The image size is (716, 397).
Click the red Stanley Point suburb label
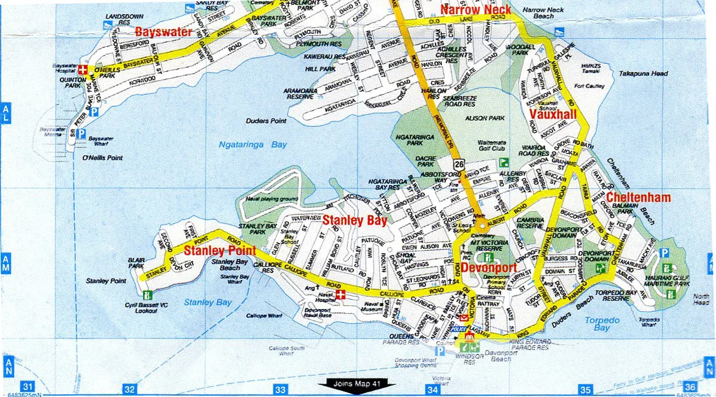pos(220,251)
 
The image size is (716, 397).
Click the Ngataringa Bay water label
pos(253,145)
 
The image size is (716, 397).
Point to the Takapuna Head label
pos(644,74)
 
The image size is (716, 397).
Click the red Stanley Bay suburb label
pos(355,221)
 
